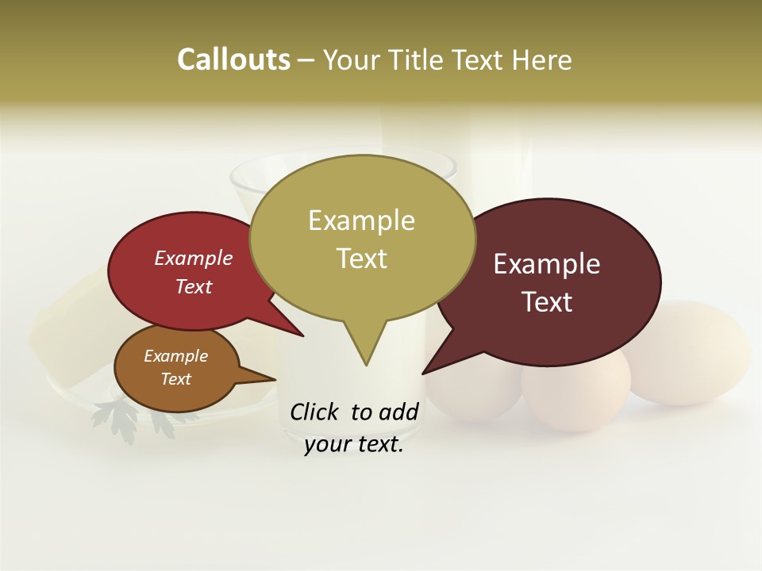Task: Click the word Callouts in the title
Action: [x=233, y=59]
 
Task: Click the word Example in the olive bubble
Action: [x=361, y=220]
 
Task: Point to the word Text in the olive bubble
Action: [x=361, y=259]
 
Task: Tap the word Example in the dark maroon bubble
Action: [x=547, y=264]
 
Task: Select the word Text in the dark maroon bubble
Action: [x=547, y=302]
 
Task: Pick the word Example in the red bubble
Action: [x=193, y=259]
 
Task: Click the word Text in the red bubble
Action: [x=193, y=287]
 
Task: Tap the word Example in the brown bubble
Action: [x=175, y=357]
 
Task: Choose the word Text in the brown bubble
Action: [x=175, y=379]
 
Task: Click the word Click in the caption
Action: [x=314, y=412]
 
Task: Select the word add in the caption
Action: [x=398, y=412]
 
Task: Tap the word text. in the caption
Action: [x=378, y=445]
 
